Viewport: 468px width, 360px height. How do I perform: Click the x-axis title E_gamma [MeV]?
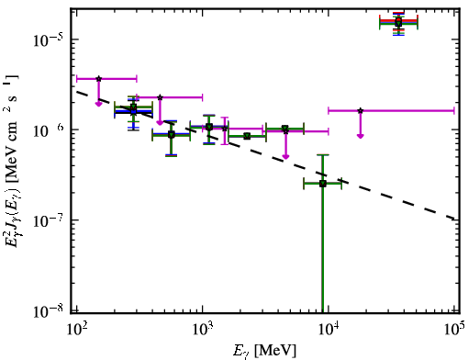click(x=264, y=351)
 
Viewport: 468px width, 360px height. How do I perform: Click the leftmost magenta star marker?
click(x=98, y=79)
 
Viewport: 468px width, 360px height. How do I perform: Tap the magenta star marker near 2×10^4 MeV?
click(x=361, y=110)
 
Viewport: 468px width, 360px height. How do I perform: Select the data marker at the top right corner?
click(x=398, y=22)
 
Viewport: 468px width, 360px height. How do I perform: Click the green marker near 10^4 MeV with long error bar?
click(x=323, y=184)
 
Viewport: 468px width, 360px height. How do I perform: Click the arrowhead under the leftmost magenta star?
click(x=98, y=104)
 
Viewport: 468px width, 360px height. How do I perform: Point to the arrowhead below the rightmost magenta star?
click(x=361, y=136)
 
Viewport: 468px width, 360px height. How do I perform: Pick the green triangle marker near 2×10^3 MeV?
click(x=247, y=136)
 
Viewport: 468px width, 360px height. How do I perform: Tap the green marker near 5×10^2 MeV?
click(x=172, y=135)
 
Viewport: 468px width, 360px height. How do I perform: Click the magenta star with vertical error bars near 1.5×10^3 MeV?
click(x=225, y=129)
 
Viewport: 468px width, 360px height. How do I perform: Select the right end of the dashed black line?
click(x=455, y=219)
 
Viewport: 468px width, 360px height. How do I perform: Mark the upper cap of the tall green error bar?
click(x=323, y=155)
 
